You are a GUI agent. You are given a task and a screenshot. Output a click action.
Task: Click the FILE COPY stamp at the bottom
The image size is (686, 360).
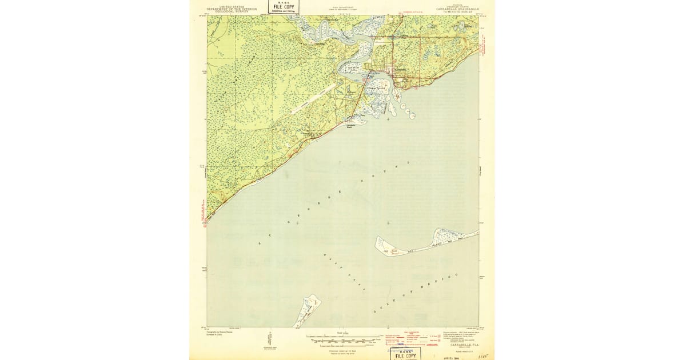pyautogui.click(x=406, y=354)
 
